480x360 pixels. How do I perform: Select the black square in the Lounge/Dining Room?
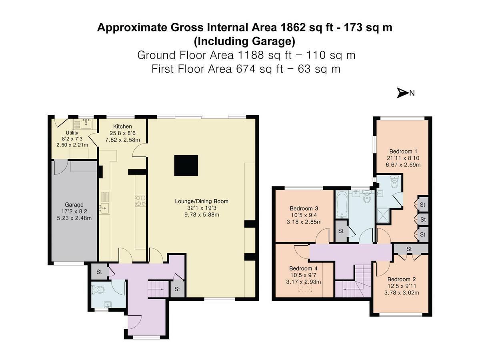tap(186, 165)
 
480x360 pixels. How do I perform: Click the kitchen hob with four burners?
tap(141, 200)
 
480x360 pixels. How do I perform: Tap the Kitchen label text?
tap(122, 126)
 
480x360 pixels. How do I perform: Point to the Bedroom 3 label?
tap(304, 208)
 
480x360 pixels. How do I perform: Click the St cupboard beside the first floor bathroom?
tap(341, 231)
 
